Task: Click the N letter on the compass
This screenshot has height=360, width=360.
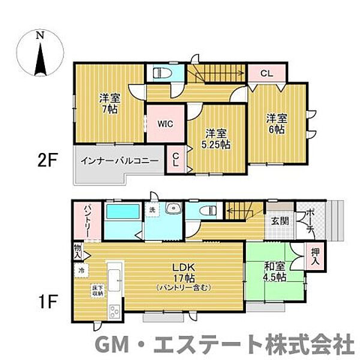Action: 40,35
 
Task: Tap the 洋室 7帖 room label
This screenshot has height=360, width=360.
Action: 109,103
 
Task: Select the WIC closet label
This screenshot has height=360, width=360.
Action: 166,124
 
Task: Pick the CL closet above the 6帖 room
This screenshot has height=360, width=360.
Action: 267,74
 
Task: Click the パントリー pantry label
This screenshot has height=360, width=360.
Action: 80,220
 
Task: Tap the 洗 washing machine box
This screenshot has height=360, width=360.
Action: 152,211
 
